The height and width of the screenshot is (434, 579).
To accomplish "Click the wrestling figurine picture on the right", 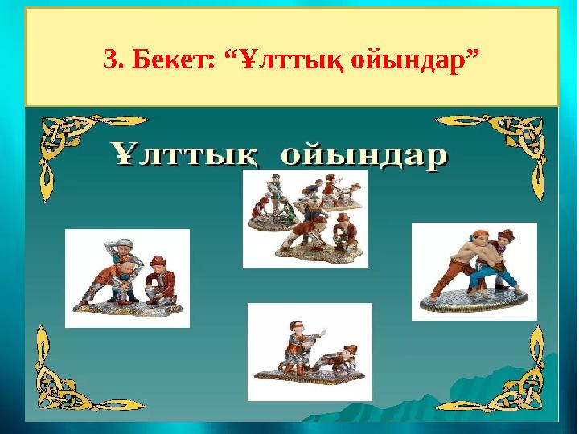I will coord(474,272).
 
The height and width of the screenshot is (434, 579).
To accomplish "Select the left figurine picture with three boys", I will coord(127,278).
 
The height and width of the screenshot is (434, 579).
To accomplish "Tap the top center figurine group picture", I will coord(305,218).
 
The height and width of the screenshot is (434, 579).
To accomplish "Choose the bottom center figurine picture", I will coord(310,351).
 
